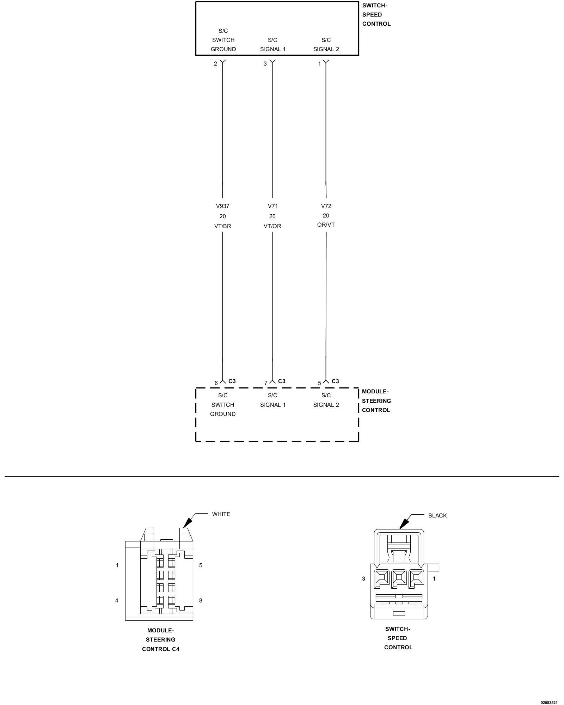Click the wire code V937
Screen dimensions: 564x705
[x=222, y=206]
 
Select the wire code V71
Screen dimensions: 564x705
[x=272, y=206]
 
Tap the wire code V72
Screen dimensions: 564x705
[x=326, y=206]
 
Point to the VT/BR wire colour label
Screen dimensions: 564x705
[x=222, y=226]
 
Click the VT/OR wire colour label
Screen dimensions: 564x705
[x=272, y=226]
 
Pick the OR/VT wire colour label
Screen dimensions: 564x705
[x=326, y=225]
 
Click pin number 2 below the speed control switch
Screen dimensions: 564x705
[x=215, y=64]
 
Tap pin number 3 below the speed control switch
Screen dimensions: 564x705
[x=265, y=64]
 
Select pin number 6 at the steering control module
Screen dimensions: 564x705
[x=216, y=383]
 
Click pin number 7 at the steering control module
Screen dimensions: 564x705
[x=266, y=383]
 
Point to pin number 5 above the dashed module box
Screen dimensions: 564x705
[x=319, y=383]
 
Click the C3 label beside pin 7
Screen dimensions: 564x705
[x=282, y=381]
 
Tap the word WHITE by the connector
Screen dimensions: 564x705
[x=221, y=514]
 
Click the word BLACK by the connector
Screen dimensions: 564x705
[x=437, y=516]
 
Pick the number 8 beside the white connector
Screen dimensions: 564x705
[x=201, y=601]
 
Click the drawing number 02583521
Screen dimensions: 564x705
[x=549, y=702]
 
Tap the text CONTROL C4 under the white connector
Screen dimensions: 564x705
[x=161, y=649]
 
